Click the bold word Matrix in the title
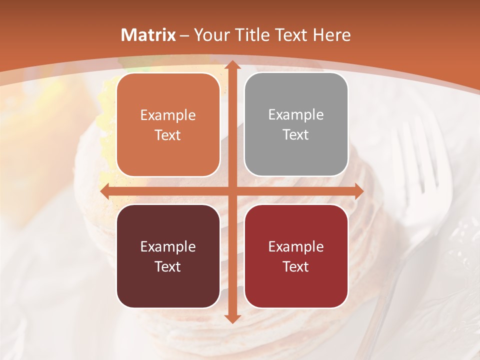(148, 35)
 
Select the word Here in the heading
(331, 35)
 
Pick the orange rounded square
(168, 124)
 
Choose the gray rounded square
(296, 124)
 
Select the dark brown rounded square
(168, 256)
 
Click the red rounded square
(296, 256)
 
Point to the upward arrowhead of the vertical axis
(232, 65)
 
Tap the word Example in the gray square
(296, 114)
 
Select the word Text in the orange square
(168, 135)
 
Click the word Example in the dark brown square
(168, 246)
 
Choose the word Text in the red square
(296, 266)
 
